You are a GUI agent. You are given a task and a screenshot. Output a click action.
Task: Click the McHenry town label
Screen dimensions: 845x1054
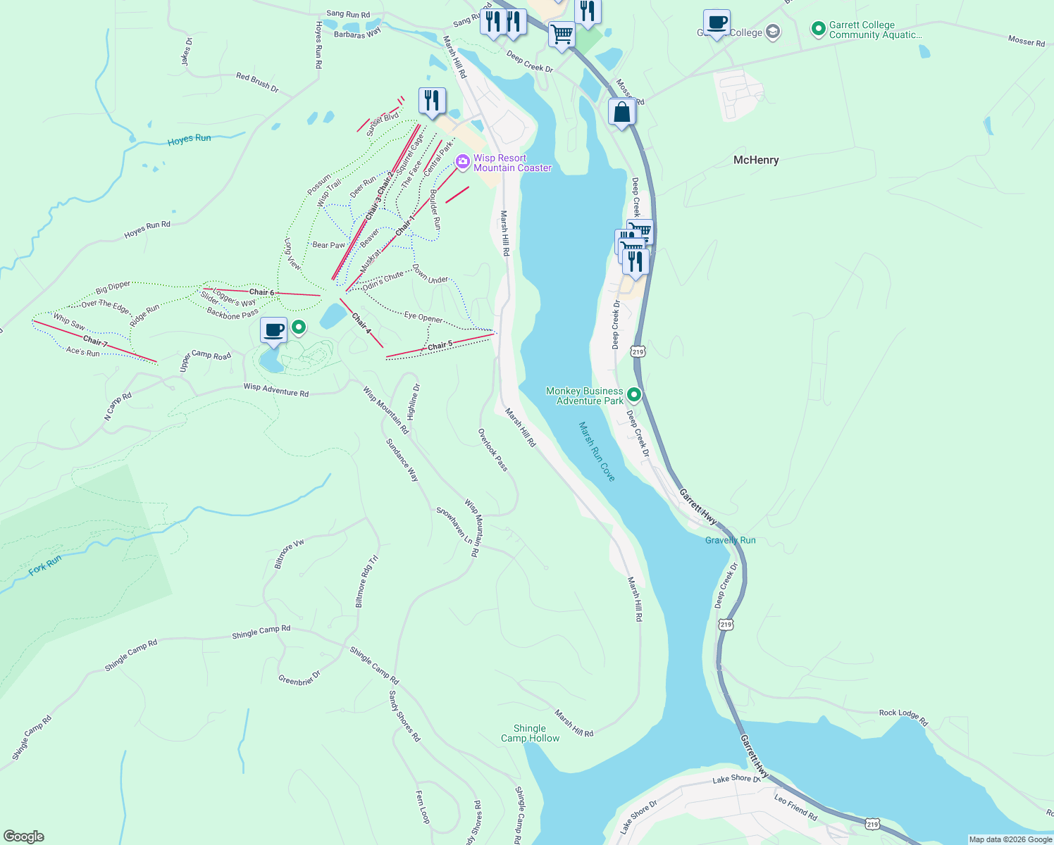pyautogui.click(x=756, y=160)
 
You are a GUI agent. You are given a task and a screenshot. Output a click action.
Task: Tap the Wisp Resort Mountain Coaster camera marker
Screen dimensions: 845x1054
pyautogui.click(x=462, y=162)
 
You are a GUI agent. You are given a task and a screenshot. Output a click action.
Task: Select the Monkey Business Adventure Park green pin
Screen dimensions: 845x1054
pyautogui.click(x=633, y=395)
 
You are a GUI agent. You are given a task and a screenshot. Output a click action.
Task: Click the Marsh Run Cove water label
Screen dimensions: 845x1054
pyautogui.click(x=597, y=451)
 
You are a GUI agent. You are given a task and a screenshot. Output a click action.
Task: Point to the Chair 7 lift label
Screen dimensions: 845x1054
pyautogui.click(x=96, y=342)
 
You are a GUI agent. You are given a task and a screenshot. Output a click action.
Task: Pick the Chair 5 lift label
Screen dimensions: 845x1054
pyautogui.click(x=440, y=345)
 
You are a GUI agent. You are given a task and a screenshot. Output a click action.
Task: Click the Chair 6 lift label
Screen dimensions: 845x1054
pyautogui.click(x=261, y=292)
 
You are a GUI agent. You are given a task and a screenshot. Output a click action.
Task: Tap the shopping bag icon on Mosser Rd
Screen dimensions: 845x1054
pyautogui.click(x=622, y=112)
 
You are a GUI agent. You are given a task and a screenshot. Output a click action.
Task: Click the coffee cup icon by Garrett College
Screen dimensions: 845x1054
pyautogui.click(x=717, y=23)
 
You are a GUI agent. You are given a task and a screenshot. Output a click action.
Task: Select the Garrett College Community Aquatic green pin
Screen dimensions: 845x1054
pyautogui.click(x=818, y=29)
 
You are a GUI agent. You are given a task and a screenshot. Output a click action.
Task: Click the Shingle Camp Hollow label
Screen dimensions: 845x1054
pyautogui.click(x=530, y=733)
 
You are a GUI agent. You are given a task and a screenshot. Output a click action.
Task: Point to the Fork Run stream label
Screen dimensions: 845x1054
pyautogui.click(x=45, y=565)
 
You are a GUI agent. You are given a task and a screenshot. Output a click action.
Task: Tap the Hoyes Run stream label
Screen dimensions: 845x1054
pyautogui.click(x=189, y=139)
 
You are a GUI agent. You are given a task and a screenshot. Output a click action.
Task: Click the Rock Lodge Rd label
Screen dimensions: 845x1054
pyautogui.click(x=903, y=717)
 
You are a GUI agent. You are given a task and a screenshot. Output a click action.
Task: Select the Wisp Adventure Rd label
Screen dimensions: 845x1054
pyautogui.click(x=276, y=389)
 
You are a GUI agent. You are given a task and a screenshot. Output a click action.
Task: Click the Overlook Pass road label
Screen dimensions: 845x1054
pyautogui.click(x=492, y=449)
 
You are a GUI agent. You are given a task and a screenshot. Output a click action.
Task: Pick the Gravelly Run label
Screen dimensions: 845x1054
pyautogui.click(x=730, y=540)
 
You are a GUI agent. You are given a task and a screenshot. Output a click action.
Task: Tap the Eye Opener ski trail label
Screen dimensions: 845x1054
pyautogui.click(x=423, y=317)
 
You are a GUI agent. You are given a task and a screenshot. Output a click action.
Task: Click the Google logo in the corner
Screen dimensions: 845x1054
pyautogui.click(x=23, y=836)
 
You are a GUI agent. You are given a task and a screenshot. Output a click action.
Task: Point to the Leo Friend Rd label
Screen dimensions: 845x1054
pyautogui.click(x=795, y=808)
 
